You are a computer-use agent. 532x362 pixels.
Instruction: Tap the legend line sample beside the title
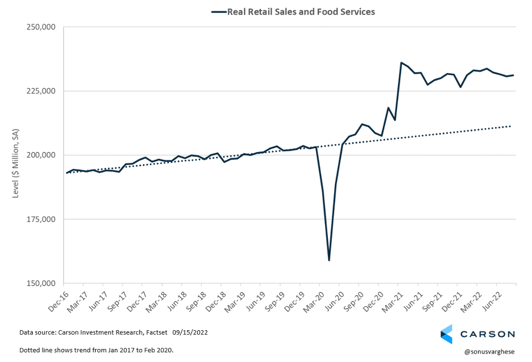[218, 11]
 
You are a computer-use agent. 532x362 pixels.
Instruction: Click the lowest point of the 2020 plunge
[329, 260]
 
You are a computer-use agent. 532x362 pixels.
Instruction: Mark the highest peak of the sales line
[401, 62]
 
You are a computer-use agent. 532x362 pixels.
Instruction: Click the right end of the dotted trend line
[512, 126]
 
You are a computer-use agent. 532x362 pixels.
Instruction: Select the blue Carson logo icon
[447, 334]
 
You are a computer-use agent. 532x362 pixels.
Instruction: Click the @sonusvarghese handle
[489, 351]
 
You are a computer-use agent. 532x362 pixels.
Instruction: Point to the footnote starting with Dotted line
[96, 350]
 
